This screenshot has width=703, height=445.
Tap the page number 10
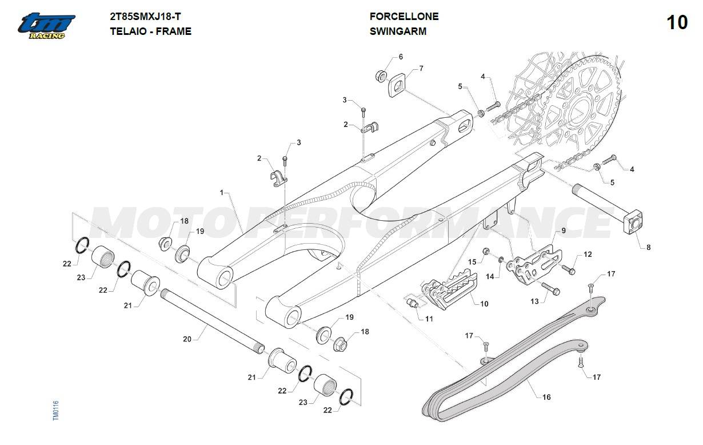tap(677, 23)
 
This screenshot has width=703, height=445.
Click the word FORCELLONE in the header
tap(404, 17)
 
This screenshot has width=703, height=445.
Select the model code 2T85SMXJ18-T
tap(145, 17)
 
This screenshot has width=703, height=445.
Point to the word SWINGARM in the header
tap(398, 31)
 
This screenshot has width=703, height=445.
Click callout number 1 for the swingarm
tap(222, 193)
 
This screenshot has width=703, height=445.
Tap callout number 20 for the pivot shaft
tap(187, 339)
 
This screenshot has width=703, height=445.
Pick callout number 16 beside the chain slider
tap(546, 397)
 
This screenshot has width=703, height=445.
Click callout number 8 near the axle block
tap(649, 248)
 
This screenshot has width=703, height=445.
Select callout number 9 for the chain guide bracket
tap(563, 231)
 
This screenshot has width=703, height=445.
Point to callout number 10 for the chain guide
tap(484, 304)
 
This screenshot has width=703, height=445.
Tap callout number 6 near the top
tap(401, 57)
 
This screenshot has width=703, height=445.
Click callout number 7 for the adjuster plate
tap(421, 69)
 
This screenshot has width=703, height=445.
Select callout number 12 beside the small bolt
tap(588, 255)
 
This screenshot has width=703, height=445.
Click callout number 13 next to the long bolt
tap(534, 301)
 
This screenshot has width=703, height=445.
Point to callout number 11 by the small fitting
tap(429, 319)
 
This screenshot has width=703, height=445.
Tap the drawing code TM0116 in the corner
tap(55, 411)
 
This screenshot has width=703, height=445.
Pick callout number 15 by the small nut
tap(472, 261)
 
